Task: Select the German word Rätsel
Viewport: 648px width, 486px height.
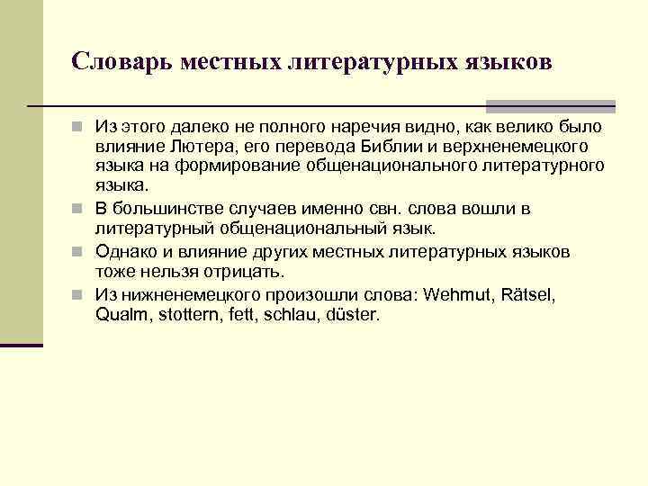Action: pyautogui.click(x=530, y=295)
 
